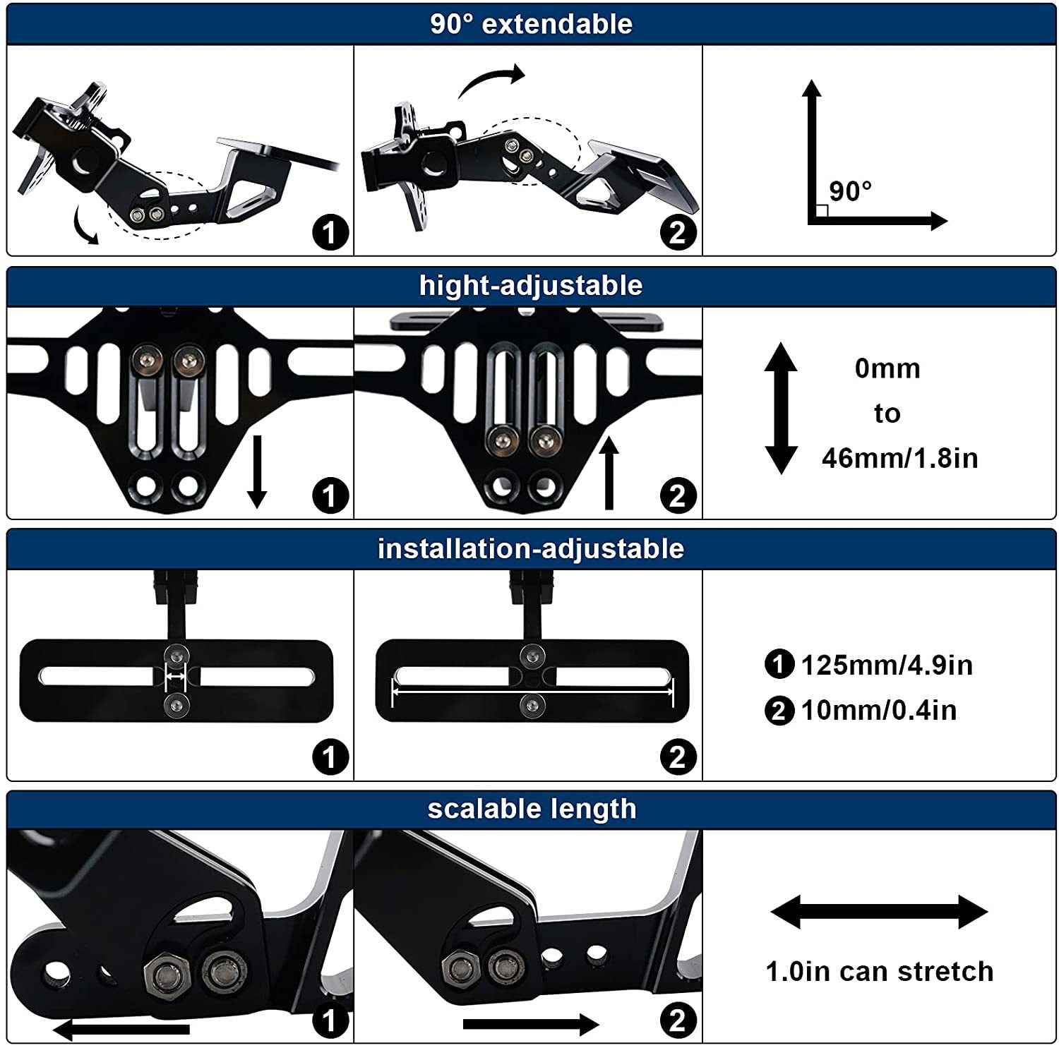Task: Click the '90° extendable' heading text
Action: (x=531, y=24)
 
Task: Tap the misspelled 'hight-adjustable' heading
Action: (x=531, y=286)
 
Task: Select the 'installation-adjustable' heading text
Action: (x=531, y=549)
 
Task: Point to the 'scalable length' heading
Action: (x=532, y=809)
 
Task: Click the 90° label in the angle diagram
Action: (x=850, y=191)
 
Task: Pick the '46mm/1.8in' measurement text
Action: (x=899, y=459)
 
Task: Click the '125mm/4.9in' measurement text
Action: (x=887, y=665)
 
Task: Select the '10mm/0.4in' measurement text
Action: (x=879, y=711)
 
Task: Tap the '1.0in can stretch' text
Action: (x=880, y=972)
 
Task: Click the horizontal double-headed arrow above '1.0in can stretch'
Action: (x=879, y=912)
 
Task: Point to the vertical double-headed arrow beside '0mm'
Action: (x=781, y=408)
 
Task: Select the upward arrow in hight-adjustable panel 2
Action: (x=609, y=473)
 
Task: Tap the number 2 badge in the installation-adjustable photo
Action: (x=678, y=757)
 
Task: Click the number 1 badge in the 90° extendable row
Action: (x=330, y=232)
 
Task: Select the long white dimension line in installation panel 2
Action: (x=533, y=693)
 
